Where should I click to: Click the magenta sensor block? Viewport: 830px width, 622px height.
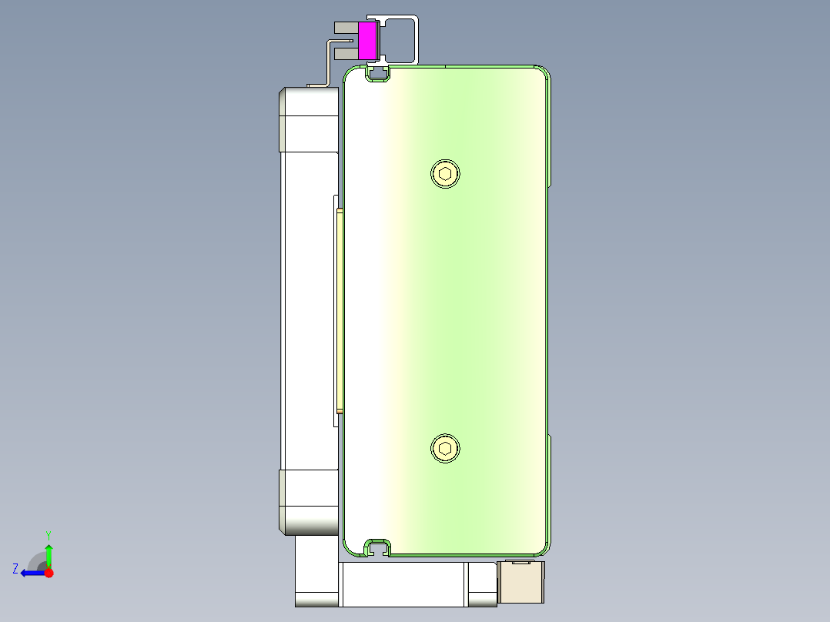pyautogui.click(x=367, y=41)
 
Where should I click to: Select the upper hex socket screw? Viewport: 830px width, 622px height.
pyautogui.click(x=445, y=173)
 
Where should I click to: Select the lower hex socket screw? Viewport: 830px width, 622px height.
pyautogui.click(x=445, y=448)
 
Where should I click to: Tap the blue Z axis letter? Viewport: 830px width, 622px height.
pyautogui.click(x=15, y=569)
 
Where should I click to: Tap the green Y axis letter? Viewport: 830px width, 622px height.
pyautogui.click(x=49, y=534)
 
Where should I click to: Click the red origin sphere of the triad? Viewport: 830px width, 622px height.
pyautogui.click(x=49, y=573)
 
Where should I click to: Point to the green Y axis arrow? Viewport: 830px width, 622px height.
pyautogui.click(x=49, y=553)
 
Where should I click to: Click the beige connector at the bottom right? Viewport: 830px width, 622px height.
pyautogui.click(x=521, y=582)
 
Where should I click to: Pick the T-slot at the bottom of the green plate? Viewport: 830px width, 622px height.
pyautogui.click(x=377, y=547)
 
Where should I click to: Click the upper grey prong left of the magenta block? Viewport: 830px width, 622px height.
pyautogui.click(x=344, y=28)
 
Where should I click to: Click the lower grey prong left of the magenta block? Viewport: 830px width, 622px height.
pyautogui.click(x=346, y=53)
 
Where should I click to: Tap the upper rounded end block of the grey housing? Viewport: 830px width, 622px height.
pyautogui.click(x=309, y=119)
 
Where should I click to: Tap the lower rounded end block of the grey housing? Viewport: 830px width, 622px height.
pyautogui.click(x=309, y=502)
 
